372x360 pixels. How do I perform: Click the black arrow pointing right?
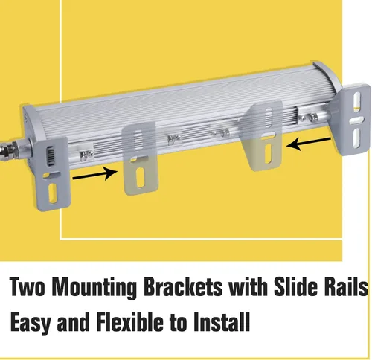pos(94,174)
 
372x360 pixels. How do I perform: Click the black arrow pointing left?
pos(308,144)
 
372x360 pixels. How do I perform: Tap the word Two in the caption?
pos(28,286)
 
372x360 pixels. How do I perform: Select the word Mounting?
pos(95,288)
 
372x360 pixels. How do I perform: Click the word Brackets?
pos(183,286)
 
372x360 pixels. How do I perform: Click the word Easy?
pos(31,323)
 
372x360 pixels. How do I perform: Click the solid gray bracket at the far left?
pos(51,173)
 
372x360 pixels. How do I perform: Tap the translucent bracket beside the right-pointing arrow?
pos(140,159)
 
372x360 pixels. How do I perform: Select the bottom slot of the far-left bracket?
pos(53,193)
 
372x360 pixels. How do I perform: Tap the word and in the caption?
pos(73,321)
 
